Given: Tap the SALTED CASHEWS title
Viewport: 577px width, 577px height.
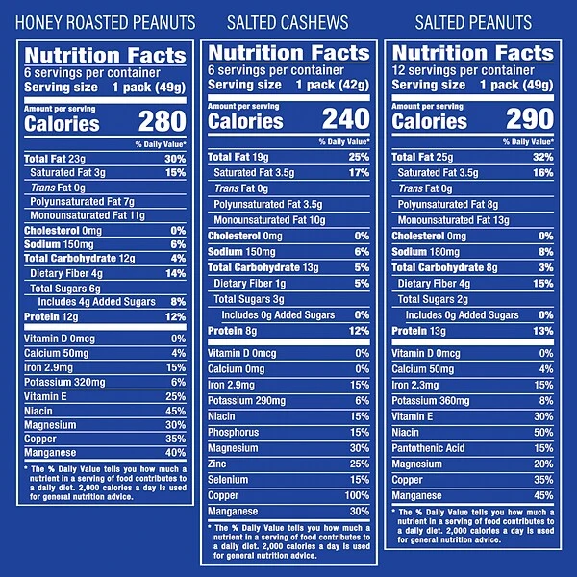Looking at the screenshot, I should [285, 22].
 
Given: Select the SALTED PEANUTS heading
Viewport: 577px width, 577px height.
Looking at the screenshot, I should [473, 22].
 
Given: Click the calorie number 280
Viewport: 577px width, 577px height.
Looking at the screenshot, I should [161, 123].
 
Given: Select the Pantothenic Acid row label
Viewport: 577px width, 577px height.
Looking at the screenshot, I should [430, 448].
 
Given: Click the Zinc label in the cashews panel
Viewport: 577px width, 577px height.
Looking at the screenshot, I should [220, 464].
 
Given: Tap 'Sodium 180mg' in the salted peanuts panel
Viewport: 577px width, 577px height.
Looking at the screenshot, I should [430, 252].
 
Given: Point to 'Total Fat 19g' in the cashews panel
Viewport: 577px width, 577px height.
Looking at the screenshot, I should [241, 157].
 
